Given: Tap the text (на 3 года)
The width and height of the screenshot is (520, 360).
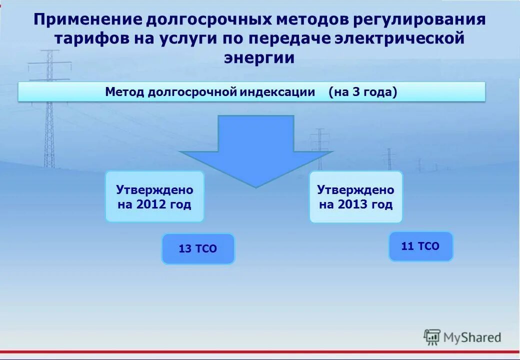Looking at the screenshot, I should pyautogui.click(x=363, y=92).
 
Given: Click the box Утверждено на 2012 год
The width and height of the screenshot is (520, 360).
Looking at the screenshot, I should pyautogui.click(x=154, y=196).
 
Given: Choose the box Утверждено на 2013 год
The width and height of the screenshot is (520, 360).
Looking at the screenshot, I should pyautogui.click(x=355, y=196).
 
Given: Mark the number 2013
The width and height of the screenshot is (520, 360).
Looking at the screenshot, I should pyautogui.click(x=350, y=204).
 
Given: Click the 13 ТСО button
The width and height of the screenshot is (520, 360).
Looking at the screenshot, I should pyautogui.click(x=198, y=248).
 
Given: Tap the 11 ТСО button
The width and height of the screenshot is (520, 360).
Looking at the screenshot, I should pyautogui.click(x=420, y=246).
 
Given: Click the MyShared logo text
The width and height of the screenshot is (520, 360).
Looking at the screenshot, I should pyautogui.click(x=472, y=338).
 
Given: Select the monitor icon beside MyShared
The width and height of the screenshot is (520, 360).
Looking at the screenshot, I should pyautogui.click(x=432, y=337).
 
